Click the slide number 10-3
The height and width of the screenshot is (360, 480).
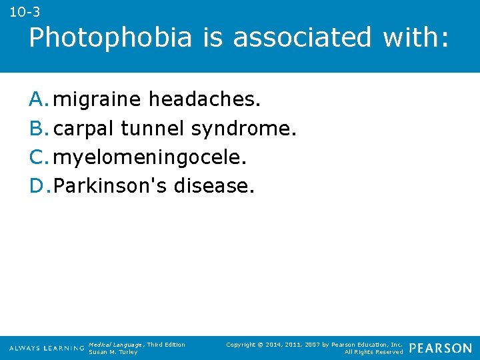pos(25,12)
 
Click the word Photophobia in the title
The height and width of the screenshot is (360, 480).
pos(110,38)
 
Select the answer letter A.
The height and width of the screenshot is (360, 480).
pos(39,100)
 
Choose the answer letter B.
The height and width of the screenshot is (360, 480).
pos(39,128)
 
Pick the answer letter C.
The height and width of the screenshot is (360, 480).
pos(39,157)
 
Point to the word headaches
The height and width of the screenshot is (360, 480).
pos(205,100)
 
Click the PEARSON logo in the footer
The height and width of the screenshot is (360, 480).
pos(441,348)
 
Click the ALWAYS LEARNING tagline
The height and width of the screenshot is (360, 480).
pos(47,349)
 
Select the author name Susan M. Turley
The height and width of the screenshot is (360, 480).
pos(113,352)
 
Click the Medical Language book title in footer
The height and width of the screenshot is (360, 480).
pos(116,344)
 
